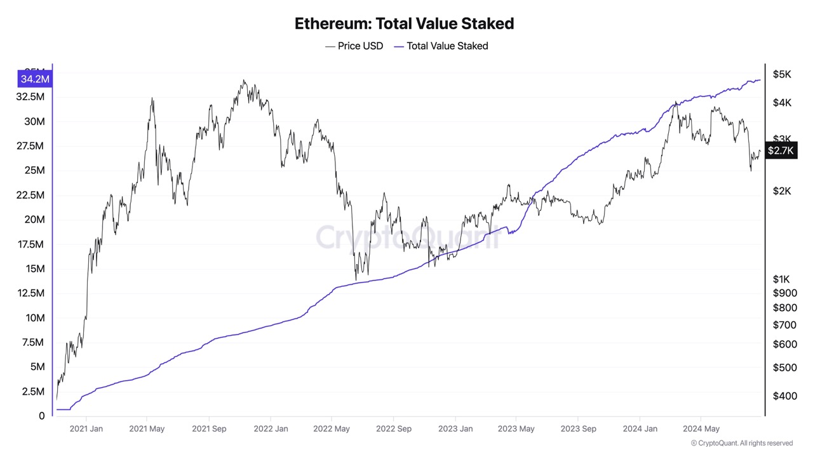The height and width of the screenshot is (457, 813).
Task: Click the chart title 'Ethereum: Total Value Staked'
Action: (404, 24)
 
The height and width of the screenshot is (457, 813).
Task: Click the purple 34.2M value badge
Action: (35, 79)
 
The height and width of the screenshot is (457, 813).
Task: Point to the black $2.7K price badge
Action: (781, 150)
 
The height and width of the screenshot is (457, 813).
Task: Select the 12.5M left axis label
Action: (29, 293)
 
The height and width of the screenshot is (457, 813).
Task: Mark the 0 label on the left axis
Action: (42, 416)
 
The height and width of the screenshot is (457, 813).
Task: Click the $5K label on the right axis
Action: (782, 74)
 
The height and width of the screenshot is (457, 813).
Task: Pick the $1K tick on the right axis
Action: (781, 279)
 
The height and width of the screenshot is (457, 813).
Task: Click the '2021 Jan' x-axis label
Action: (86, 428)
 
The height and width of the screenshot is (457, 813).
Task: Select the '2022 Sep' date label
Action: (393, 428)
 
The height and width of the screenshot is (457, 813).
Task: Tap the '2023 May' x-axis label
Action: (516, 428)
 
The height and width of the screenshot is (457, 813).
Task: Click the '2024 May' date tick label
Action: (701, 428)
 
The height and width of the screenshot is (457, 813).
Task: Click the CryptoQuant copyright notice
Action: (741, 443)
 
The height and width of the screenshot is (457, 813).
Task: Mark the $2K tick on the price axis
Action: (782, 191)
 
